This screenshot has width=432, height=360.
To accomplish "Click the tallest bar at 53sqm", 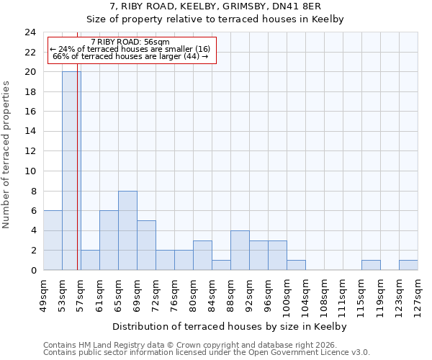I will (x=71, y=171).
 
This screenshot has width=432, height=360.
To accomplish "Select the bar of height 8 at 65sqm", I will (x=127, y=230).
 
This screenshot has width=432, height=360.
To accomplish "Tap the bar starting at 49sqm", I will (x=53, y=240).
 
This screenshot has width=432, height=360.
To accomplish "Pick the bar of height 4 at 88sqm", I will (x=240, y=251).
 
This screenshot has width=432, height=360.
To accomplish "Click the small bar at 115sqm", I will (x=371, y=265).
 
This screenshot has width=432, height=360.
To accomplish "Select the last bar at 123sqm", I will (x=408, y=265).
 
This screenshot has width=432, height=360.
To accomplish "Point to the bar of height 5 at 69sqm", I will (x=146, y=246).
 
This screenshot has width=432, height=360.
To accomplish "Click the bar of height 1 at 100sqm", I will (x=296, y=265).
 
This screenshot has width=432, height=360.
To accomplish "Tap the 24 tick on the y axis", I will (x=30, y=32).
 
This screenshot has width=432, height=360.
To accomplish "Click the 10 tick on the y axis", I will (x=30, y=171).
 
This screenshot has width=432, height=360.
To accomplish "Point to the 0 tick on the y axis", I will (x=32, y=271).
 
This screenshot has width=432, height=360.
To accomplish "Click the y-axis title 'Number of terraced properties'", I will (x=7, y=155).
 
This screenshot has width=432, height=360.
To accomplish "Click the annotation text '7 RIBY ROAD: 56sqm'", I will (x=130, y=42).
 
